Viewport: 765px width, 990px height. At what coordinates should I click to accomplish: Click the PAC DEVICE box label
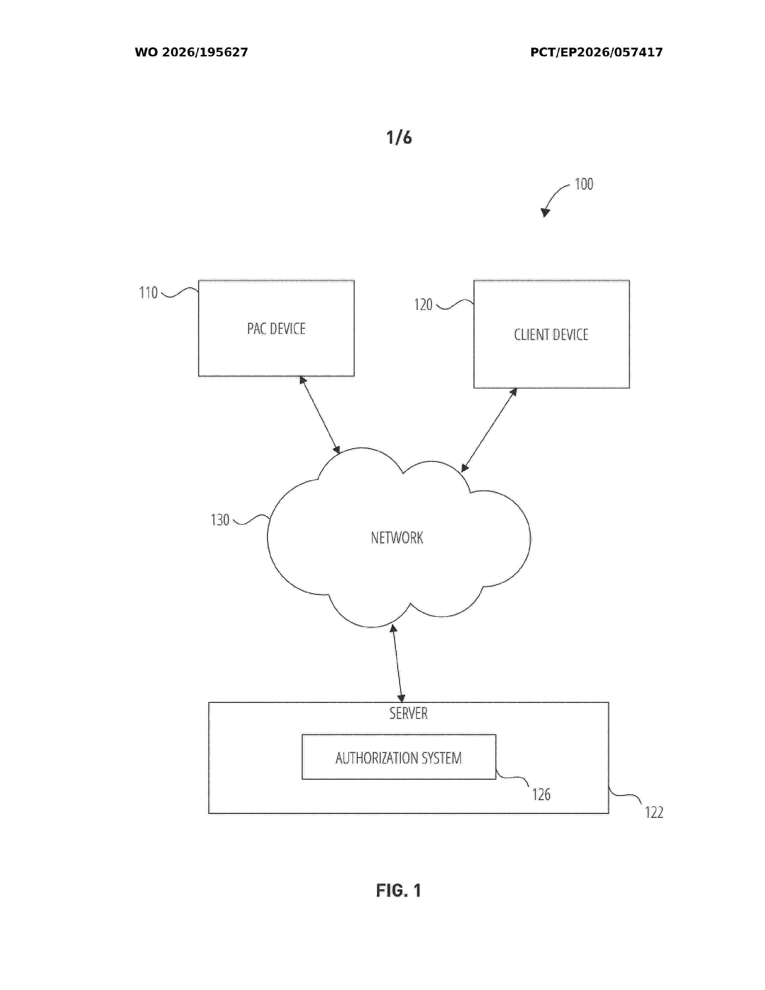coord(276,328)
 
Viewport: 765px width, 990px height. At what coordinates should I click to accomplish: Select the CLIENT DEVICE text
coord(551,334)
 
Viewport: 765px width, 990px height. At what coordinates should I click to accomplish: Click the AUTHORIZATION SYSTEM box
coord(399,757)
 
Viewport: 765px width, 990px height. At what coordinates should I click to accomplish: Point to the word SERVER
coord(408,713)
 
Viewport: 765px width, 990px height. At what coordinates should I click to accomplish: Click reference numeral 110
coord(148,292)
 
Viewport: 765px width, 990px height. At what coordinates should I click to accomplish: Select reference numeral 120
coord(423,304)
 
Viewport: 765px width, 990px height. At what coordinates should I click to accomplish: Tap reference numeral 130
coord(220,520)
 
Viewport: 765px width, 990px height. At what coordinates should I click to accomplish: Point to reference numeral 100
coord(584,184)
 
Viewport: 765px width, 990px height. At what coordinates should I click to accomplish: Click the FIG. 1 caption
coord(399,891)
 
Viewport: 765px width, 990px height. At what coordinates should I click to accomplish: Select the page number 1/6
coord(399,137)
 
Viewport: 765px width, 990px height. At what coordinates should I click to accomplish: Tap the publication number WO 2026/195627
coord(191,52)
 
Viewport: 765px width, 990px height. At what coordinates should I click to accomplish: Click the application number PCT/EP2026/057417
coord(596,52)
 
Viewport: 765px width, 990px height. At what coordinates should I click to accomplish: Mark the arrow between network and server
coord(397,663)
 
